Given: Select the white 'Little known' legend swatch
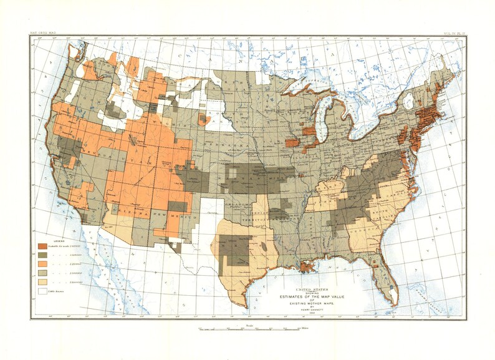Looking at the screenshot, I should [43, 290].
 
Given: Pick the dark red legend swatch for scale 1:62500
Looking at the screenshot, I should [43, 246].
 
